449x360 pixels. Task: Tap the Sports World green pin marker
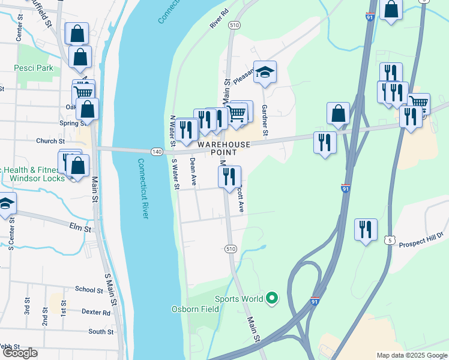272,297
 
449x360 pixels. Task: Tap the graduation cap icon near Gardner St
265,73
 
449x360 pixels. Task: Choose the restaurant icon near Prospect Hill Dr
366,229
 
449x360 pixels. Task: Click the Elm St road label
80,229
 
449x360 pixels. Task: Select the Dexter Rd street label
97,313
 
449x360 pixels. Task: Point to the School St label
89,289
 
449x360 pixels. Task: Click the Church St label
50,142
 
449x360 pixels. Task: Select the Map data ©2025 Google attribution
412,355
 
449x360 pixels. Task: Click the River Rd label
220,19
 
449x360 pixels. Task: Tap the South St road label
100,331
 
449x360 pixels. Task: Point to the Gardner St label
265,124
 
